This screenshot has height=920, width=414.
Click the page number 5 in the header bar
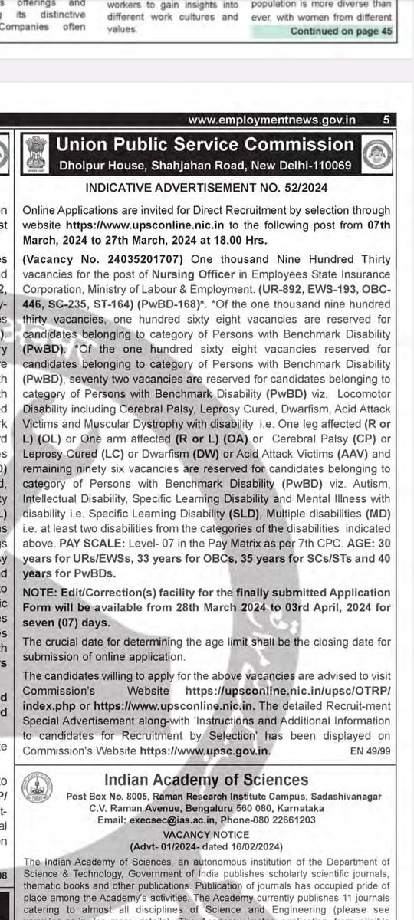(386, 120)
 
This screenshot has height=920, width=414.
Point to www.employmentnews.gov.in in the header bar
(271, 120)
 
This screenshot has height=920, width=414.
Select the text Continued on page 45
(341, 31)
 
